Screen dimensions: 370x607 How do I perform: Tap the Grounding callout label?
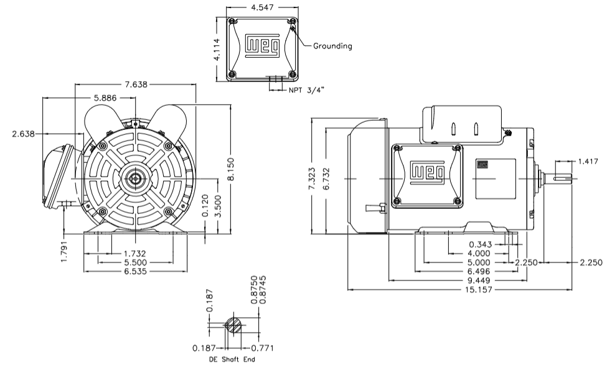pyautogui.click(x=332, y=46)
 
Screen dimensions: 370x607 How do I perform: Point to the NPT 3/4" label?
pyautogui.click(x=307, y=90)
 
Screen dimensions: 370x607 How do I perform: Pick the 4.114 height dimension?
pyautogui.click(x=217, y=48)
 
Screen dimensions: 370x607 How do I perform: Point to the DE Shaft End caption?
pyautogui.click(x=231, y=359)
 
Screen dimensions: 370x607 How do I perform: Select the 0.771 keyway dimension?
pyautogui.click(x=262, y=348)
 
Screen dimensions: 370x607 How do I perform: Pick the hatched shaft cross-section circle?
pyautogui.click(x=234, y=325)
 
